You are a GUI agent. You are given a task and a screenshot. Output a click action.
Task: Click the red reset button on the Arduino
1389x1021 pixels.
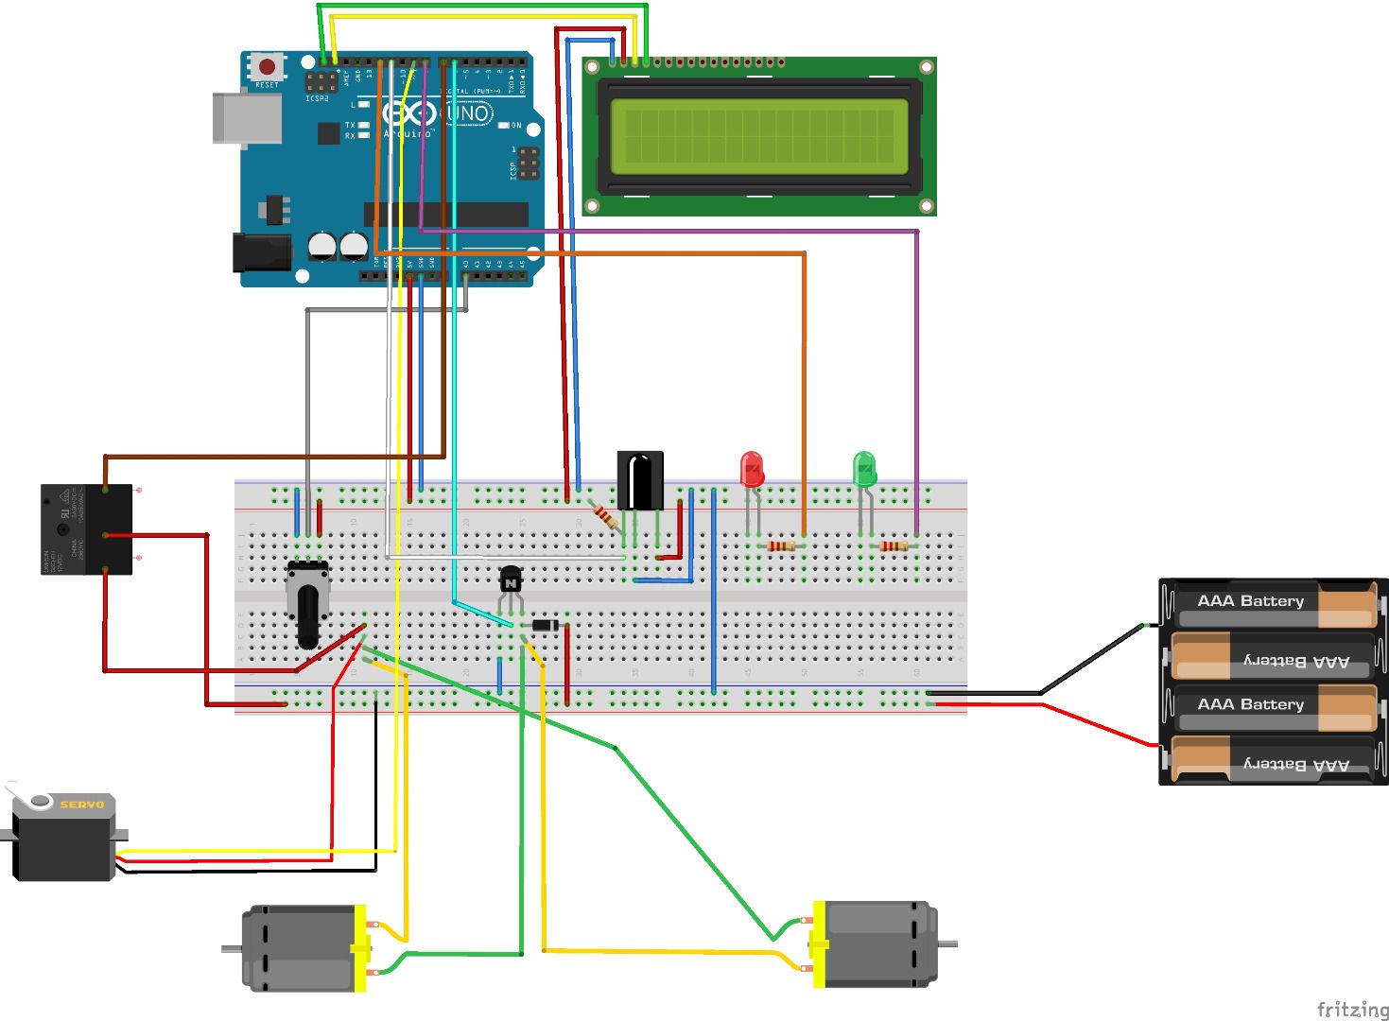point(268,67)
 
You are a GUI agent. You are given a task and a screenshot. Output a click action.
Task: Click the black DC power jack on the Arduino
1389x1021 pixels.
point(260,252)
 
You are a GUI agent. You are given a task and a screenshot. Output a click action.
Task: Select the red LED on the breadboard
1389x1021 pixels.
point(752,469)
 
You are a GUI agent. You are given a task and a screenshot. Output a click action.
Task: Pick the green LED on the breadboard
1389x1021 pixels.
point(864,469)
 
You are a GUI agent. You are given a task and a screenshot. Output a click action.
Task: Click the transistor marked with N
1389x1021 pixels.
point(511,580)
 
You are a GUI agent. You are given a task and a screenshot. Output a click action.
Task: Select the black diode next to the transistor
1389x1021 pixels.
point(545,625)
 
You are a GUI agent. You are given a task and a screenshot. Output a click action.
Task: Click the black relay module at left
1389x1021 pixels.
point(85,529)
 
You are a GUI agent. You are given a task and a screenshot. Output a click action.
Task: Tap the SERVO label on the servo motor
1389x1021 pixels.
point(81,805)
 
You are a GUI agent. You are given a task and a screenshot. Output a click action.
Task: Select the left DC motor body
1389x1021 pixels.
point(298,948)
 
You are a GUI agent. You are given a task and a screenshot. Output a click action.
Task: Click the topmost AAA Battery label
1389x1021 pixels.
point(1250,601)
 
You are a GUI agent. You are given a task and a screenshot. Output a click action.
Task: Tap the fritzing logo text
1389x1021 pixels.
point(1352,1009)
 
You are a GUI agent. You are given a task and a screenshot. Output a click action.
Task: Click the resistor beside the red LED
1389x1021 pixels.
point(781,546)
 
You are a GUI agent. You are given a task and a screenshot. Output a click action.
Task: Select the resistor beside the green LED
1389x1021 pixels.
point(894,546)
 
